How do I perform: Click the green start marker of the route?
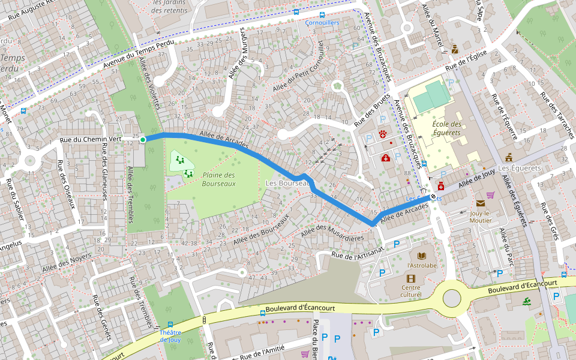pyautogui.click(x=143, y=140)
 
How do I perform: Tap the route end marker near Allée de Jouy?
pyautogui.click(x=433, y=196)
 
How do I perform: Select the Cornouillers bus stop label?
pyautogui.click(x=322, y=23)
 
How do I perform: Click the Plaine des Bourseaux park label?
pyautogui.click(x=218, y=179)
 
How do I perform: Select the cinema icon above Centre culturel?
pyautogui.click(x=410, y=278)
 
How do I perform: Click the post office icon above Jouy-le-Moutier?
pyautogui.click(x=480, y=203)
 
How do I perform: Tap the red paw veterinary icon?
pyautogui.click(x=382, y=133)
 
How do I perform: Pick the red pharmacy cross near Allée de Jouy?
pyautogui.click(x=441, y=186)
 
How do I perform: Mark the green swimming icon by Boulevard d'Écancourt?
pyautogui.click(x=527, y=301)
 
